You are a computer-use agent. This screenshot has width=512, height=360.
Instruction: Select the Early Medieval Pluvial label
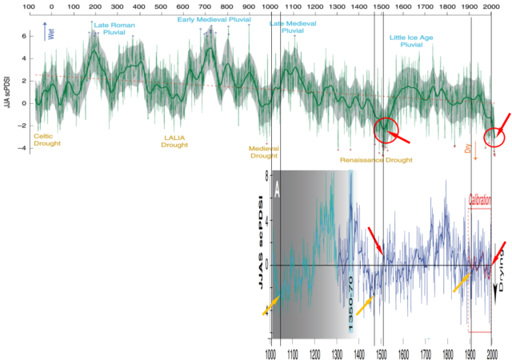tap(210, 18)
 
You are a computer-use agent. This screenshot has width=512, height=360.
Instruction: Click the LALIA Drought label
tap(174, 141)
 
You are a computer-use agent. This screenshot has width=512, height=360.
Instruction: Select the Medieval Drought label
tap(263, 151)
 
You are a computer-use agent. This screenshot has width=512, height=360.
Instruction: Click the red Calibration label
tap(479, 201)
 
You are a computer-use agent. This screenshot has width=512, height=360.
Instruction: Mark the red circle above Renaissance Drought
tap(385, 130)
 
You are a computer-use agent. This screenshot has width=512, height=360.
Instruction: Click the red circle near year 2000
tap(494, 138)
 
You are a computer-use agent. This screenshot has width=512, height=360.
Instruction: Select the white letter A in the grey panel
tap(277, 190)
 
